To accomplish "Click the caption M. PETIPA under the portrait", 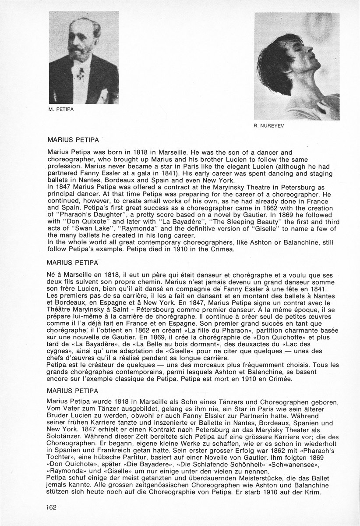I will pyautogui.click(x=61, y=110).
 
